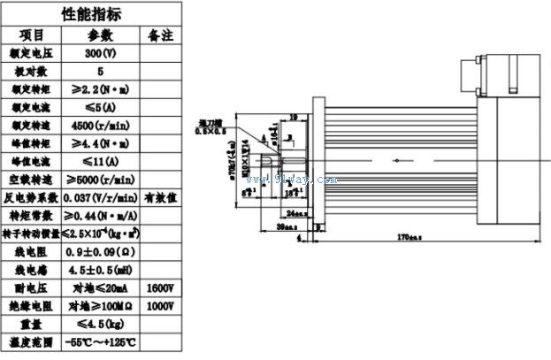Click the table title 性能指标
[x=91, y=14]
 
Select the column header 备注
[x=159, y=34]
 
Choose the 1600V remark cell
[x=159, y=288]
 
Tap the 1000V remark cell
[x=159, y=306]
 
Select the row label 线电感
[x=31, y=270]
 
